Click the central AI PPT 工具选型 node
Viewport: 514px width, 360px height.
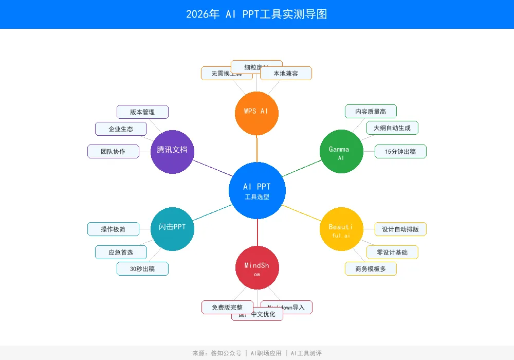(257, 190)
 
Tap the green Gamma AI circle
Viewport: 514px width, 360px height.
(341, 152)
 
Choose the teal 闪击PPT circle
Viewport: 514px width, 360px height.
(173, 229)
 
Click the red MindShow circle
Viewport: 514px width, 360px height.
(257, 267)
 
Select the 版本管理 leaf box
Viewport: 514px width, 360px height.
(142, 112)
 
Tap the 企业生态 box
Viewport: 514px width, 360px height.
(121, 129)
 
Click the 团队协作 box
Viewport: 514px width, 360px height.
(113, 151)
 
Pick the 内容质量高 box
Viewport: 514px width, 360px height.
(371, 111)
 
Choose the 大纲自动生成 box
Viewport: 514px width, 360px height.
(392, 128)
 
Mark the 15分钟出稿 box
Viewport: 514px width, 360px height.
(400, 151)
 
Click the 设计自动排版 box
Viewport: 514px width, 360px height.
(400, 229)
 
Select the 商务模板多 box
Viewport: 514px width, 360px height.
(371, 268)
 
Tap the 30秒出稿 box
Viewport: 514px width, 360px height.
(142, 268)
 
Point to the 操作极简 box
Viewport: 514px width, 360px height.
(113, 229)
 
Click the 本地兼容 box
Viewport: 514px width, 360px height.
(286, 74)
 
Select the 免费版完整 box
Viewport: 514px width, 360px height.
(227, 307)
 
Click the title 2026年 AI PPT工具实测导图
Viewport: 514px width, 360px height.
(256, 14)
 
